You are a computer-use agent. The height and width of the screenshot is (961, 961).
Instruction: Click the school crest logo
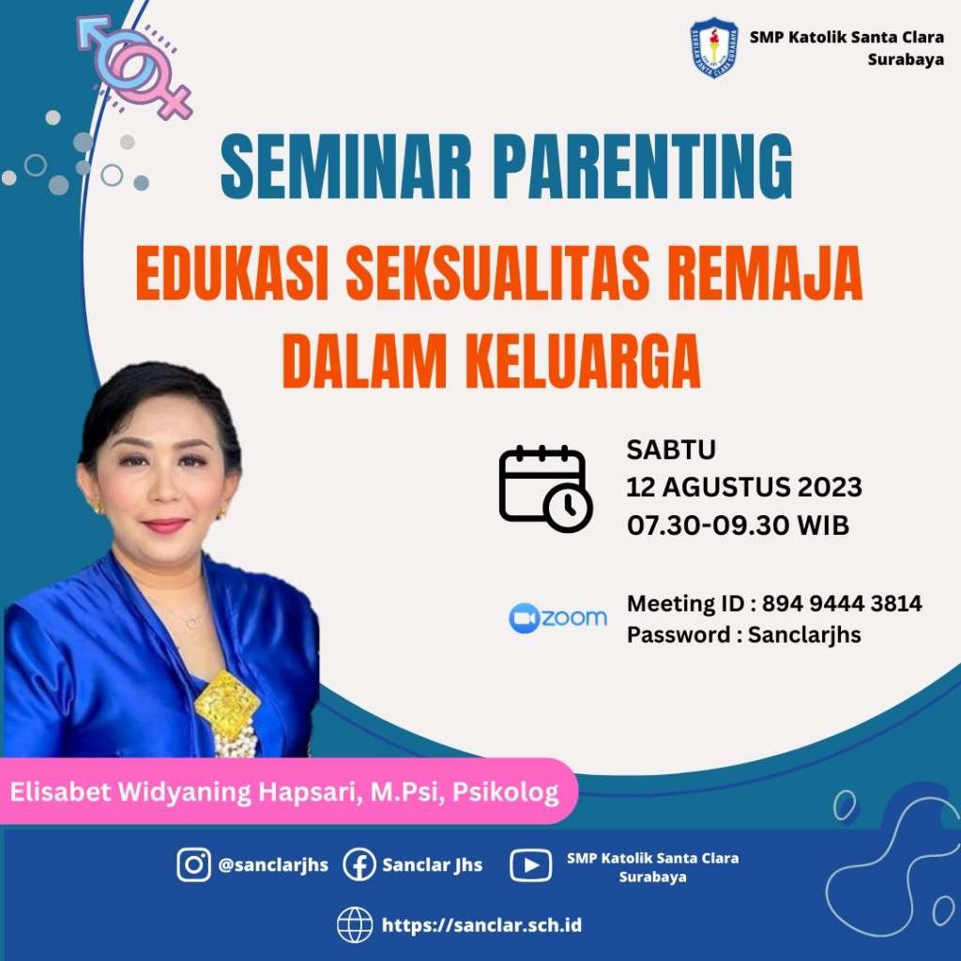(714, 48)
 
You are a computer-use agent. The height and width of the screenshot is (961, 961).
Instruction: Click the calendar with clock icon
(545, 488)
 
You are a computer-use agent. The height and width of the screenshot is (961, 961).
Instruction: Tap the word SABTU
(670, 450)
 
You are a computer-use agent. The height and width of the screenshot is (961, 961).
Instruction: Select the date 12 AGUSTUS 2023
(743, 487)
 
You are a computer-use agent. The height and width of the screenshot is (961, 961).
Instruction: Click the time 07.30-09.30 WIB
(738, 526)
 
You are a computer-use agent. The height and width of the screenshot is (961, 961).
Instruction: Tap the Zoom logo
(557, 618)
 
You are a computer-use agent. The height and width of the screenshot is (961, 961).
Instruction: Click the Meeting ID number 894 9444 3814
(842, 603)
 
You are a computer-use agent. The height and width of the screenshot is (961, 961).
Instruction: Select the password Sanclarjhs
(804, 635)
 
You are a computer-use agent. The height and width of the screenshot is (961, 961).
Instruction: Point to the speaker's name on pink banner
(284, 792)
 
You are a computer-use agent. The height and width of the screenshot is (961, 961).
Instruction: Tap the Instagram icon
(193, 864)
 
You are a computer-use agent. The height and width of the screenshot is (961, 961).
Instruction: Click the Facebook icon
(358, 864)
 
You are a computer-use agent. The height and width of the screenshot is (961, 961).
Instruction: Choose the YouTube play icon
(530, 865)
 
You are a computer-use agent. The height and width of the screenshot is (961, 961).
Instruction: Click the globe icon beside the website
(355, 924)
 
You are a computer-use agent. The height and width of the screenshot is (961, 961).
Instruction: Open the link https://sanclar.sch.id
(481, 924)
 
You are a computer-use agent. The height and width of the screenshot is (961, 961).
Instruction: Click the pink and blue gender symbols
(135, 67)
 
